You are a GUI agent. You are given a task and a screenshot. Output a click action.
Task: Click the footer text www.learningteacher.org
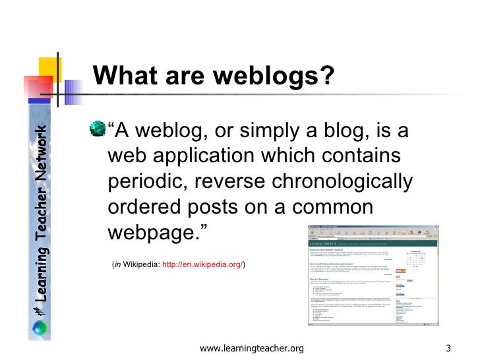[x=252, y=347]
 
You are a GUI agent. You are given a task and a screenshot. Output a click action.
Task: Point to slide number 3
[x=448, y=347]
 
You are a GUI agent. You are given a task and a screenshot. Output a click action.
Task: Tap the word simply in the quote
[x=292, y=132]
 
